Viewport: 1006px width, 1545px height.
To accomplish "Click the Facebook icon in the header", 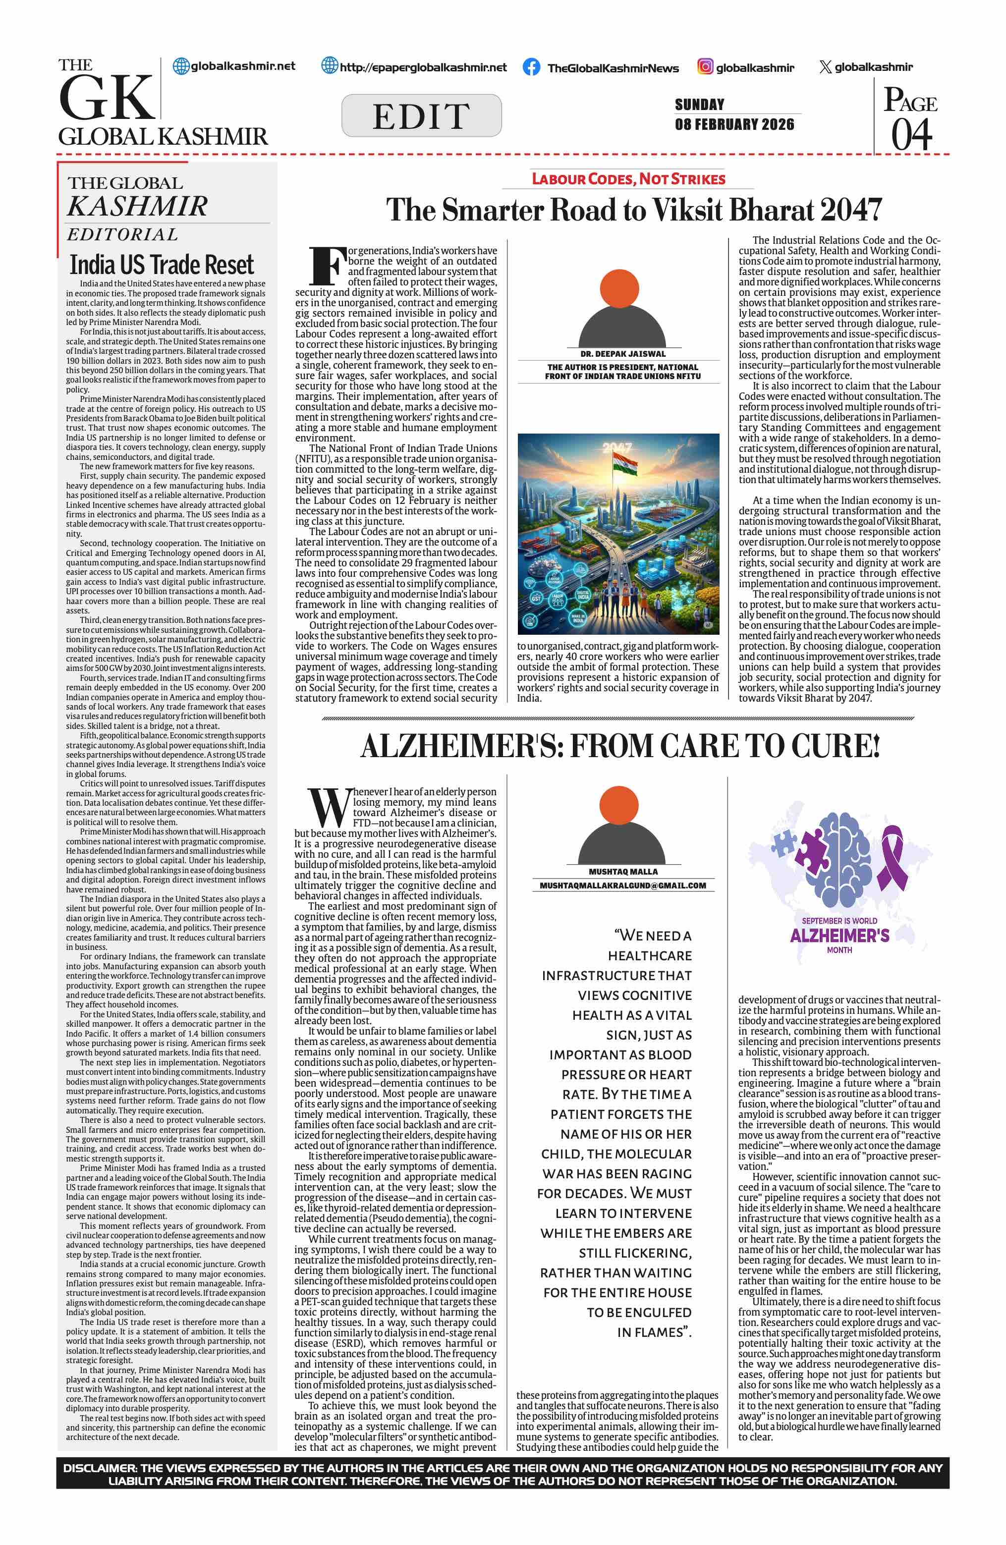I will (531, 67).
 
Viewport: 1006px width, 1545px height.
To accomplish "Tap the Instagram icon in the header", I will (705, 66).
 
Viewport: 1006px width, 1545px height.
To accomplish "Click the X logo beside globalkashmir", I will (825, 67).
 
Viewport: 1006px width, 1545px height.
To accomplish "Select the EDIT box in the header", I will (421, 115).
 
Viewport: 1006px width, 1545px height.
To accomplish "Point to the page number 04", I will (911, 134).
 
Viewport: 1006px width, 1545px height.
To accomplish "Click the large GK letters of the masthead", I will (106, 98).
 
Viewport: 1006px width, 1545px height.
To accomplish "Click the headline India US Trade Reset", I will (162, 265).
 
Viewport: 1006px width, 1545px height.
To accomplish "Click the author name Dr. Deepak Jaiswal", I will (622, 354).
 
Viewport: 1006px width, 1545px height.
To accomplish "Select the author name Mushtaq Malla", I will (623, 872).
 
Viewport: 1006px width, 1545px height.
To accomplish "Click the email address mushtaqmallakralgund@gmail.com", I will (623, 885).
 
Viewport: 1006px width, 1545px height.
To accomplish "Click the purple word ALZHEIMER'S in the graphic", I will (839, 936).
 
